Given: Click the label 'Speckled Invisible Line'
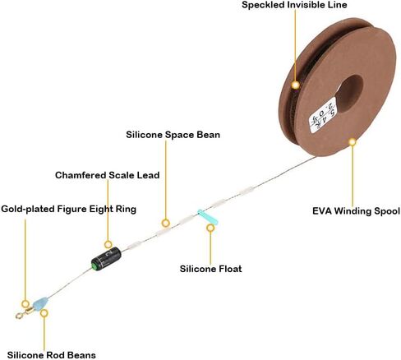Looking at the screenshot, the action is click(294, 5).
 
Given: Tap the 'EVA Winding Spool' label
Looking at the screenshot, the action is click(356, 211).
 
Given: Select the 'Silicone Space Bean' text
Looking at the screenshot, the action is click(173, 135).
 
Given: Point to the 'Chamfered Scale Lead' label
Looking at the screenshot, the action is click(107, 175).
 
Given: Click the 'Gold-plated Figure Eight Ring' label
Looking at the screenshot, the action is click(68, 209).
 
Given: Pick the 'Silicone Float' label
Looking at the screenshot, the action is click(210, 269).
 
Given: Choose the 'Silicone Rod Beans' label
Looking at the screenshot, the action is click(52, 355).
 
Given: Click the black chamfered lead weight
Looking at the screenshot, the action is click(106, 259).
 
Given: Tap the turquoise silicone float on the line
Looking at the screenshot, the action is click(207, 217).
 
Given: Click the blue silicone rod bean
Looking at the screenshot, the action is click(40, 304).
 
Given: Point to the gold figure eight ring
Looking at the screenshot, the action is click(24, 313).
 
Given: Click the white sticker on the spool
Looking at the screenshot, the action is click(323, 115).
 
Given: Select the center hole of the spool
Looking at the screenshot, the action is click(349, 94).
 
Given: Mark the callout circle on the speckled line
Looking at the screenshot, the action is click(295, 85).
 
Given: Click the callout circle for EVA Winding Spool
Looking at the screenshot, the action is click(353, 142).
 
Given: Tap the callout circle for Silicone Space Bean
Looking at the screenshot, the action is click(165, 223).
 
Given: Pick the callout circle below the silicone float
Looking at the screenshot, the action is click(210, 228).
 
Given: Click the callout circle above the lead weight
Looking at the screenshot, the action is click(108, 244).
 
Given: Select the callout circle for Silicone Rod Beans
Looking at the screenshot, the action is click(44, 313).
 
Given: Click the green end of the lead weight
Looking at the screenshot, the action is click(94, 265).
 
